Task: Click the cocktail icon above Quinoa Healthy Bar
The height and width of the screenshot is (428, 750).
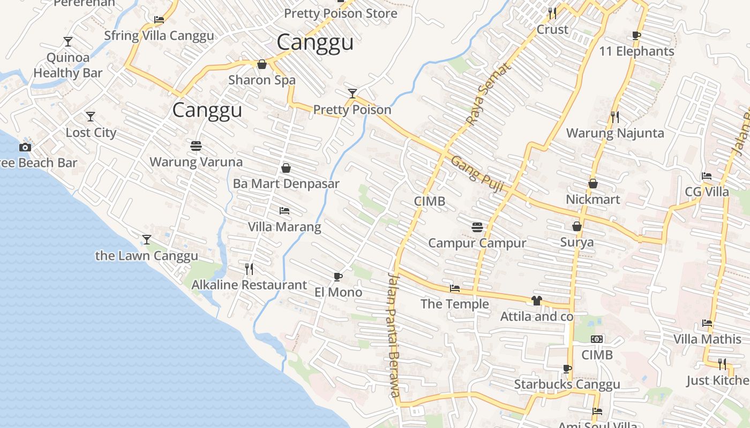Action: (68, 41)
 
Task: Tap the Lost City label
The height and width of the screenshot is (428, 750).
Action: (91, 133)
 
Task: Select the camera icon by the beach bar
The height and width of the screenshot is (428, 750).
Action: (25, 147)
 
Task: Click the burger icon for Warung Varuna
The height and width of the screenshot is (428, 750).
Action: (196, 146)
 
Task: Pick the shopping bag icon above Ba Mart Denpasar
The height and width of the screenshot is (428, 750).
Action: (286, 168)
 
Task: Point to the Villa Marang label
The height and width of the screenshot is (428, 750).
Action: (284, 227)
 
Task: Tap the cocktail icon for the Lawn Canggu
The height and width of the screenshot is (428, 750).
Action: (147, 239)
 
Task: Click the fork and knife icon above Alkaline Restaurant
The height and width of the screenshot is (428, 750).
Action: (249, 269)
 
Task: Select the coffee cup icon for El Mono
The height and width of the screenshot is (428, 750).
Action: (337, 277)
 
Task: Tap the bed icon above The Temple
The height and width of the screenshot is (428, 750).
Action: (455, 288)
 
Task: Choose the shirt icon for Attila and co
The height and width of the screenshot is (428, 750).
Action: (536, 301)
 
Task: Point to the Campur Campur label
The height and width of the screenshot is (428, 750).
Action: (477, 243)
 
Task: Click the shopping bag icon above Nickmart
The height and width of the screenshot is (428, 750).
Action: (593, 184)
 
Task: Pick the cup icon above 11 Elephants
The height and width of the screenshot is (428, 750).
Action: (636, 36)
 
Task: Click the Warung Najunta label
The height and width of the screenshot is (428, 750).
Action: (615, 133)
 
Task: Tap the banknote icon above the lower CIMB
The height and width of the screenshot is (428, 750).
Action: (597, 339)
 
